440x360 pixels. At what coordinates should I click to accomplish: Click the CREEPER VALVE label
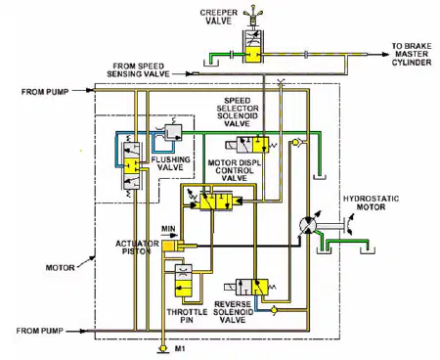pyautogui.click(x=218, y=17)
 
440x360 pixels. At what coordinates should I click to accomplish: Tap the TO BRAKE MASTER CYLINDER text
pyautogui.click(x=412, y=54)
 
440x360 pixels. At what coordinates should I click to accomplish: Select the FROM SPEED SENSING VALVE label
pyautogui.click(x=138, y=70)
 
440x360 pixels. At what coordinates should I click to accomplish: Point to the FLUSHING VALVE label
pyautogui.click(x=170, y=163)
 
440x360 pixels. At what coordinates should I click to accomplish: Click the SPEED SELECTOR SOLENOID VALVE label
pyautogui.click(x=238, y=112)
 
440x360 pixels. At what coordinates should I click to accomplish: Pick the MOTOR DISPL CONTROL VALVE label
pyautogui.click(x=235, y=170)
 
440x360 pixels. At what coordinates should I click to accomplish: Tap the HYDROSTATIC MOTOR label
pyautogui.click(x=371, y=202)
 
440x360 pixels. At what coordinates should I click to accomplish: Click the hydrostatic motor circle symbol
pyautogui.click(x=308, y=225)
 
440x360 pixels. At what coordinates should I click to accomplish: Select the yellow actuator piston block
pyautogui.click(x=169, y=246)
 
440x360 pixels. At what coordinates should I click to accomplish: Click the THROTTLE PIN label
pyautogui.click(x=187, y=316)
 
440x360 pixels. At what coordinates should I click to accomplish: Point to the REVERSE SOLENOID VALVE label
pyautogui.click(x=233, y=312)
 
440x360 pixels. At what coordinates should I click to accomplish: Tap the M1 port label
pyautogui.click(x=180, y=349)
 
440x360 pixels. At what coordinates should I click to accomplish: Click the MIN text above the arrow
pyautogui.click(x=168, y=229)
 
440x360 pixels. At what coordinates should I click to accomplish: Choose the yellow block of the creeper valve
pyautogui.click(x=253, y=54)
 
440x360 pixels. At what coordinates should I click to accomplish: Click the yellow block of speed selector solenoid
pyautogui.click(x=261, y=145)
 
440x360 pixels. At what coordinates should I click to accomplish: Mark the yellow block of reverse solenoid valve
pyautogui.click(x=260, y=288)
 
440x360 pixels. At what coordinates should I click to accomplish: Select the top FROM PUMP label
pyautogui.click(x=45, y=92)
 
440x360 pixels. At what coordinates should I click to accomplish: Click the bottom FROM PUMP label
pyautogui.click(x=39, y=331)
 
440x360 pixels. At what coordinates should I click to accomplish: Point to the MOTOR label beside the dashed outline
pyautogui.click(x=60, y=268)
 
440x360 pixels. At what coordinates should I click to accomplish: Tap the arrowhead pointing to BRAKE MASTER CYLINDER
pyautogui.click(x=385, y=55)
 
